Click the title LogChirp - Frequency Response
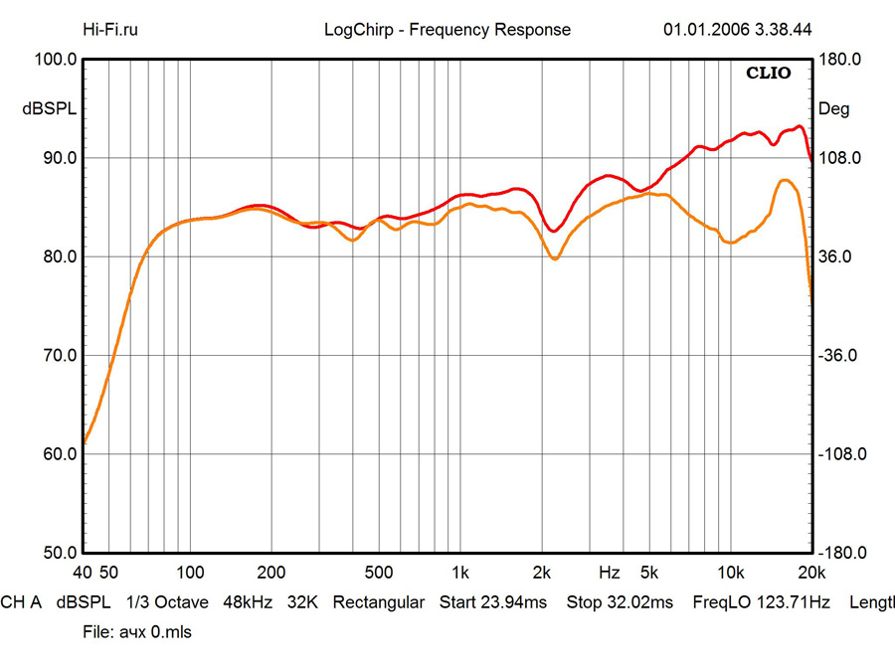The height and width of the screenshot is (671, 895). pyautogui.click(x=447, y=30)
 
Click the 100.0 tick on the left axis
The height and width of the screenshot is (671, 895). pyautogui.click(x=56, y=60)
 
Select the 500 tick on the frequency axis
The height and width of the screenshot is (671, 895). pyautogui.click(x=379, y=574)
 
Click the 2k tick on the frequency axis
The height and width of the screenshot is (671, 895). pyautogui.click(x=542, y=574)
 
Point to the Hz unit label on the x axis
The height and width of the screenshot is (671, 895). pyautogui.click(x=609, y=574)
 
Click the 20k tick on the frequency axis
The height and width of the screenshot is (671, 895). pyautogui.click(x=812, y=574)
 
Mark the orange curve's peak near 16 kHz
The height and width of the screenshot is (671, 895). pyautogui.click(x=786, y=180)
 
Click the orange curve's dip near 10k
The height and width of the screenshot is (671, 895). pyautogui.click(x=731, y=243)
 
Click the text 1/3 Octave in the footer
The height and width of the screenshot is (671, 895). pyautogui.click(x=167, y=602)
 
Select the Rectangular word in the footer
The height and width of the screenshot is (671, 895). pyautogui.click(x=378, y=602)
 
